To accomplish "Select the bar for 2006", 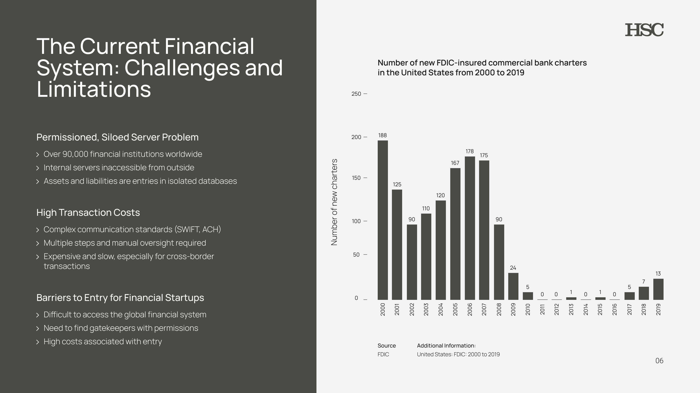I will point(470,228).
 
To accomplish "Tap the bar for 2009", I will point(513,286).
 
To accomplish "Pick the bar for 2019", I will point(658,289).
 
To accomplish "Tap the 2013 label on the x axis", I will point(571,309).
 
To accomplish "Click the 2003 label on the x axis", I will point(426,309).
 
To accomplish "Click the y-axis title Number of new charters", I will point(334,202).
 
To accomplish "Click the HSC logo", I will point(644,30).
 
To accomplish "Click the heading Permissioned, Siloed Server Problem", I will point(117,137).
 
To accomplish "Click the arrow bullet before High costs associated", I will point(38,342).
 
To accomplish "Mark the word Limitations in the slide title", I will point(94,90).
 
